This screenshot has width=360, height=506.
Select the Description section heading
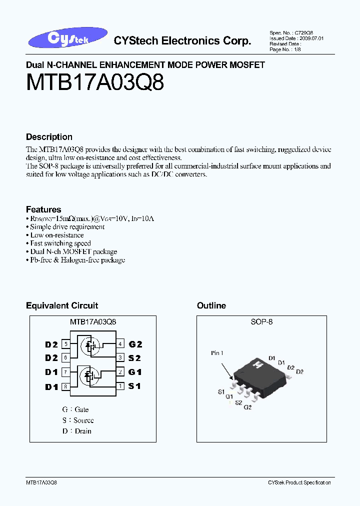click(x=49, y=137)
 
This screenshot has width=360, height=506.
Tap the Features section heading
click(x=43, y=209)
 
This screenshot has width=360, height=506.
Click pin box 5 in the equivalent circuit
click(x=65, y=344)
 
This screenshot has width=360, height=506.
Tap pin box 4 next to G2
click(x=120, y=344)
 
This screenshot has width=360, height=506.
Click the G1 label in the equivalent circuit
click(x=135, y=372)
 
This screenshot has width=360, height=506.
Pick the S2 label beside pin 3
click(x=135, y=358)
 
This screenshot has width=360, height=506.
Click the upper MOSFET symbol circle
click(x=91, y=345)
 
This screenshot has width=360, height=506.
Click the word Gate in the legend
click(x=81, y=409)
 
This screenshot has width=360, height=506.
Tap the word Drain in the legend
click(x=83, y=431)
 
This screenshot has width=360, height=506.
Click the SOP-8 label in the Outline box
click(x=261, y=322)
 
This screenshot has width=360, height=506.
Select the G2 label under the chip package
click(x=247, y=408)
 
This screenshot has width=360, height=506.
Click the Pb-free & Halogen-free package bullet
click(x=77, y=260)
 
